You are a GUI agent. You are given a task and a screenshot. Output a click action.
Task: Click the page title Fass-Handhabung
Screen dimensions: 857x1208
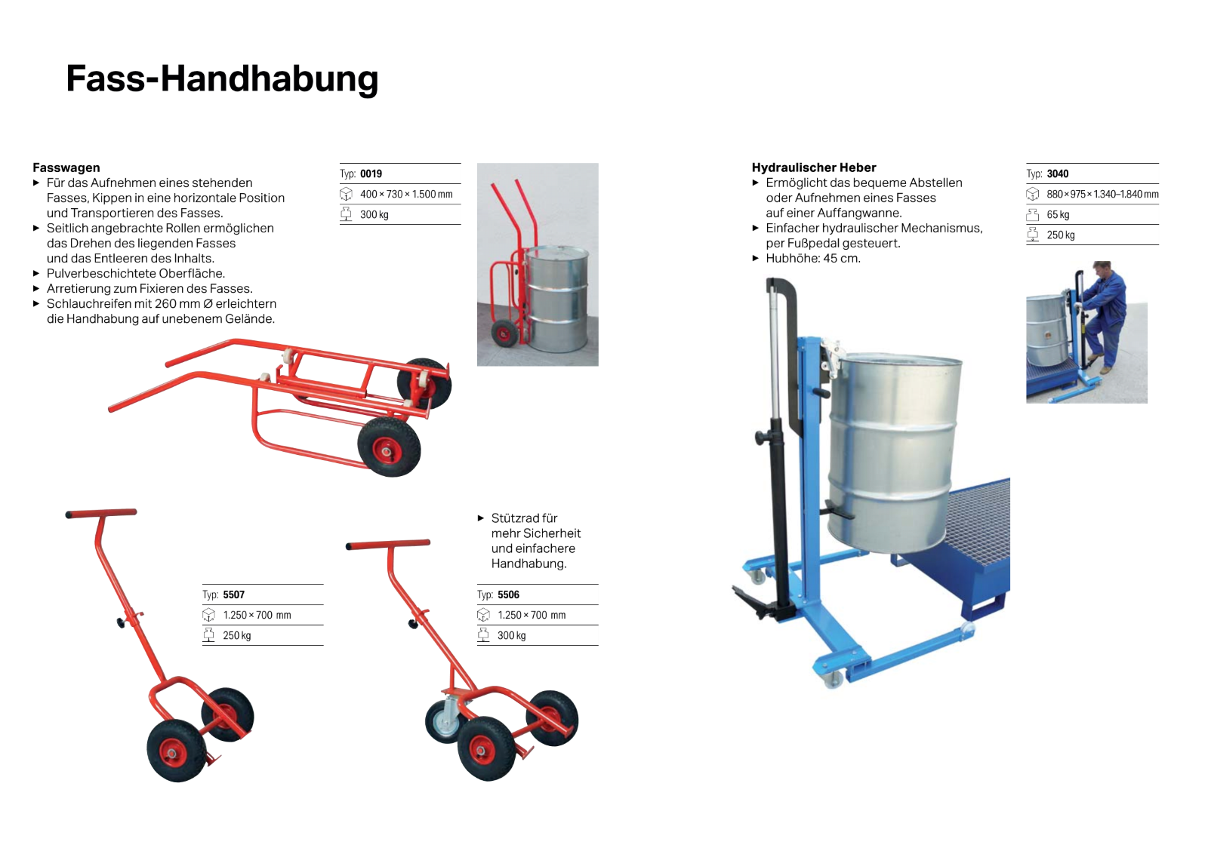pyautogui.click(x=222, y=79)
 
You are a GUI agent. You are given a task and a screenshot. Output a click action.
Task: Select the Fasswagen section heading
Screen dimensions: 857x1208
pyautogui.click(x=66, y=167)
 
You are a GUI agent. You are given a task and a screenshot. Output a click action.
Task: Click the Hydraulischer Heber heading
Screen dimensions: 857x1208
pyautogui.click(x=814, y=167)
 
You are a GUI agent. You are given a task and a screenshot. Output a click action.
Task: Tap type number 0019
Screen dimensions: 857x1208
pyautogui.click(x=371, y=174)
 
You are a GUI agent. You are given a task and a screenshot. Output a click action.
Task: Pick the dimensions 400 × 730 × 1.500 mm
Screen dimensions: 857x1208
pyautogui.click(x=406, y=194)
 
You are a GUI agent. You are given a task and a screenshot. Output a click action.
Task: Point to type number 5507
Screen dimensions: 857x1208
pyautogui.click(x=233, y=594)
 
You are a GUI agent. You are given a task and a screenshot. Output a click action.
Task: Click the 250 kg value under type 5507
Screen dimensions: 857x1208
pyautogui.click(x=236, y=635)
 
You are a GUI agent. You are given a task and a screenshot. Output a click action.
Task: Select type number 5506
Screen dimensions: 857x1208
pyautogui.click(x=508, y=594)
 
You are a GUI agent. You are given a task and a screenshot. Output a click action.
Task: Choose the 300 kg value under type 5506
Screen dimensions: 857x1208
pyautogui.click(x=511, y=635)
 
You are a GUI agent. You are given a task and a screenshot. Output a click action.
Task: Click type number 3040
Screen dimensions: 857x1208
pyautogui.click(x=1057, y=174)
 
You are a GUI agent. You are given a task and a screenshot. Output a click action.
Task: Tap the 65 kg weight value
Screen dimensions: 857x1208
pyautogui.click(x=1058, y=214)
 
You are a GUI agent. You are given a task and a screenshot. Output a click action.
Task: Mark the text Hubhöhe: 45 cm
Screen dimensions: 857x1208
pyautogui.click(x=813, y=258)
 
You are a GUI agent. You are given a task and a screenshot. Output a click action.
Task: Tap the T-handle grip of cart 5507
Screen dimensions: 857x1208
pyautogui.click(x=101, y=513)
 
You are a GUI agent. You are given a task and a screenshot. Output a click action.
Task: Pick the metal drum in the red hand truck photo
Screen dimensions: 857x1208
pyautogui.click(x=557, y=298)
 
